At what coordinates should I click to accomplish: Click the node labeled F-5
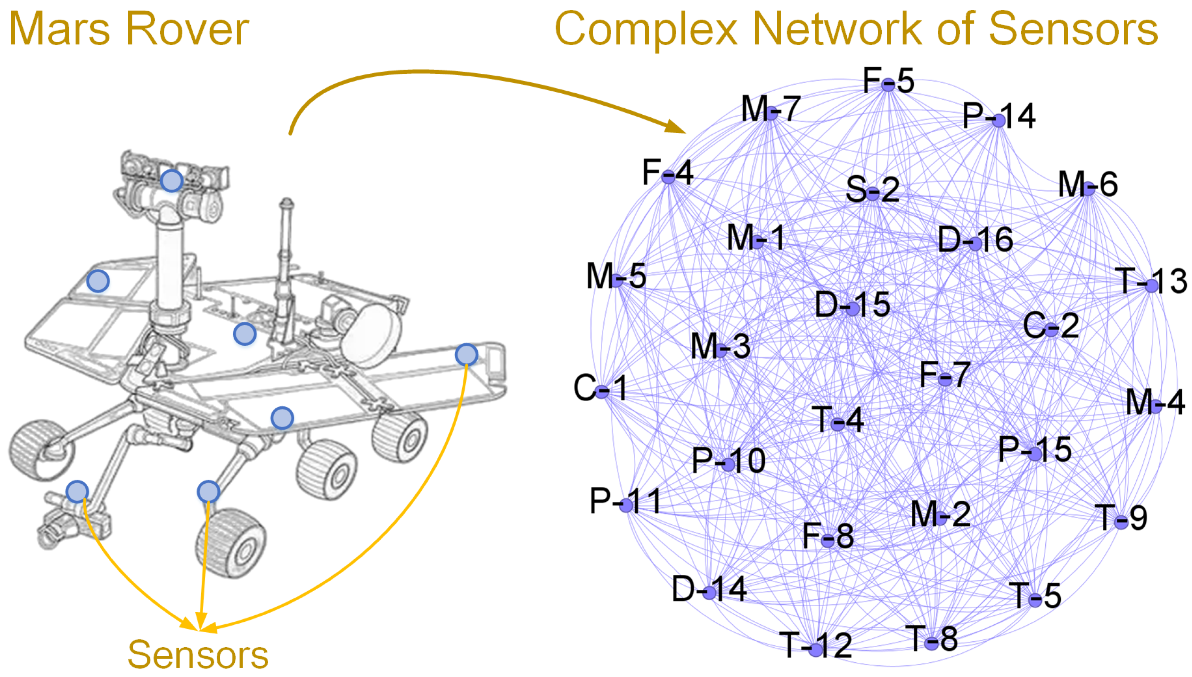(x=888, y=85)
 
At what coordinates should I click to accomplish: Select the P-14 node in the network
(x=999, y=120)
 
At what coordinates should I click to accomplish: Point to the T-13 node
(x=1151, y=285)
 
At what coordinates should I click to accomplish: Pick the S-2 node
(x=873, y=193)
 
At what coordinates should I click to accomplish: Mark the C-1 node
(x=601, y=391)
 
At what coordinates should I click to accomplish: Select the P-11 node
(x=626, y=505)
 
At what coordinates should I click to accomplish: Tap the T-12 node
(x=815, y=649)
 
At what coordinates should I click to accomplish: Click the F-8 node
(x=828, y=540)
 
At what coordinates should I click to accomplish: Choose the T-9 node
(x=1121, y=521)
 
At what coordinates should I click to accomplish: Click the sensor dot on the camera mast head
(x=172, y=181)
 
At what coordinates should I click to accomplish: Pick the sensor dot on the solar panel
(x=98, y=281)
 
